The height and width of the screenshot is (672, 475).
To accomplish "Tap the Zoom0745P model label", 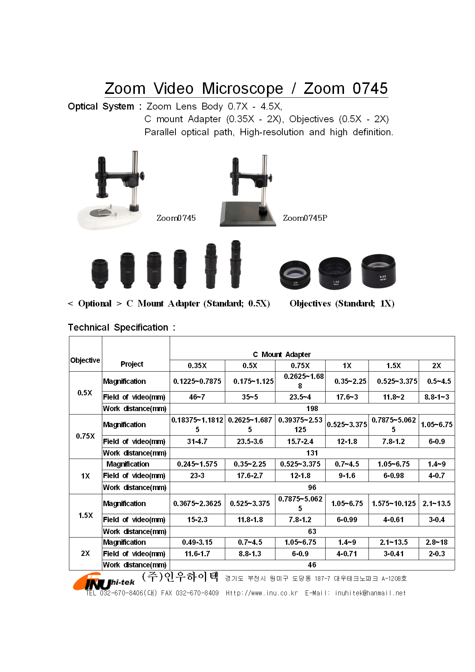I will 305,218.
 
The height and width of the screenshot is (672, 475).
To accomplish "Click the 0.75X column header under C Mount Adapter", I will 300,366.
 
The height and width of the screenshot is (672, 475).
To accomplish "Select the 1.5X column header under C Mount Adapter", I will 393,366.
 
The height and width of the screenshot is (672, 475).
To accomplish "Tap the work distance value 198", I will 312,408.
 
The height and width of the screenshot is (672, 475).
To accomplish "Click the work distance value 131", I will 312,453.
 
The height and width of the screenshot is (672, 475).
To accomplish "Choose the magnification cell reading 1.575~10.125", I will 393,503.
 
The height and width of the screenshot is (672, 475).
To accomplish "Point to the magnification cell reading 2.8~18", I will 436,542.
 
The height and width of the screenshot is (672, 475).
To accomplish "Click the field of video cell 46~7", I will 197,397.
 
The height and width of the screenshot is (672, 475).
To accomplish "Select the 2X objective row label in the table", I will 85,553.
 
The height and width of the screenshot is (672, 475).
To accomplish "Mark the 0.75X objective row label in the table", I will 85,436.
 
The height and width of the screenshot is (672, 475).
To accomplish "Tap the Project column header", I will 132,364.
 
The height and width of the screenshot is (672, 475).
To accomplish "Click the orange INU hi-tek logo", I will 103,582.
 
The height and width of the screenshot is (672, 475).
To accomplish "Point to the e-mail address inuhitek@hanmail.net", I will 370,593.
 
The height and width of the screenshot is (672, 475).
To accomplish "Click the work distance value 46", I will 312,565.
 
